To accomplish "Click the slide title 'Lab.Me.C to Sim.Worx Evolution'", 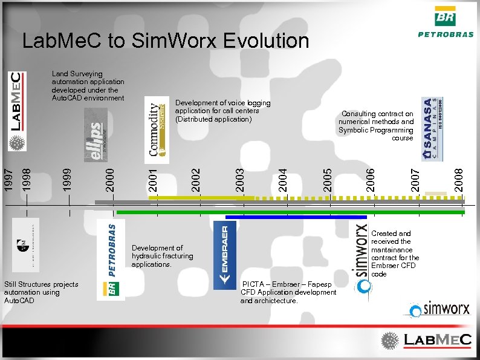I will [x=165, y=41].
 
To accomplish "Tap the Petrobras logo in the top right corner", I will [x=446, y=22].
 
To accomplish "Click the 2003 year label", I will [x=239, y=174].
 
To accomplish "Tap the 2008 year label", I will [x=459, y=174].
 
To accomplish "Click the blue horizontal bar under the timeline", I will [x=296, y=217].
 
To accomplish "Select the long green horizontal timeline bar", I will [x=290, y=212].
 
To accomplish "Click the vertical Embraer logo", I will [x=225, y=255].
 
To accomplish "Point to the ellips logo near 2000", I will [x=96, y=136].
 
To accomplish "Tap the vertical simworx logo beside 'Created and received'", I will [x=360, y=258].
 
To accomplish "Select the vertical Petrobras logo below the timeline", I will [x=111, y=259].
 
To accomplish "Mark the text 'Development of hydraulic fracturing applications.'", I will [x=163, y=256].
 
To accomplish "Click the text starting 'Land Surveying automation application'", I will [x=88, y=86].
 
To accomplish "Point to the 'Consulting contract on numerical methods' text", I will [x=376, y=125].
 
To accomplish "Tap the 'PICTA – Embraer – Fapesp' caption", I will [x=288, y=292].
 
